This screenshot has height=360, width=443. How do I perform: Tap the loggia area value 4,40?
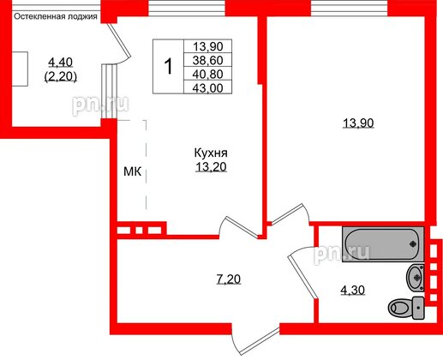click(x=61, y=62)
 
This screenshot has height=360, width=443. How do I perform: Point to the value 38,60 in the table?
click(x=209, y=62)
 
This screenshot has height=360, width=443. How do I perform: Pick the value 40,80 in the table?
click(x=209, y=75)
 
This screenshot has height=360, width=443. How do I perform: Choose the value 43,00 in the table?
click(x=209, y=87)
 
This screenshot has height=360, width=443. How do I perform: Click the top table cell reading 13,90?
click(x=209, y=49)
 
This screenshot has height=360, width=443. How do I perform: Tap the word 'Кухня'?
click(x=210, y=154)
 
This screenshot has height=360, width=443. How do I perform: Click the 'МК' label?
click(x=132, y=172)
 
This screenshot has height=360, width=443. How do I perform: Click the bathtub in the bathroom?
click(x=382, y=243)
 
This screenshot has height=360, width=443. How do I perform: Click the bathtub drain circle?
click(x=413, y=243)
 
